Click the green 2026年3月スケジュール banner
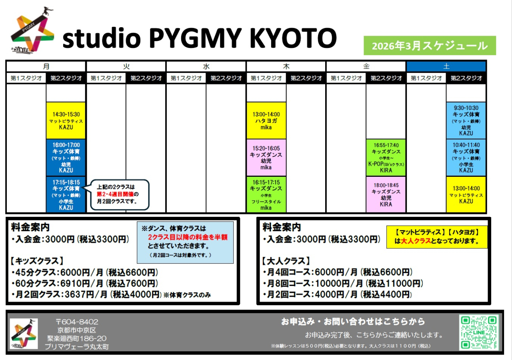(x=430, y=46)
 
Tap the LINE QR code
(x=479, y=332)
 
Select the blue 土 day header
(x=446, y=66)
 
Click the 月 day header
(x=46, y=66)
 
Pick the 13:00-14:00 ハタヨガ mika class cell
(x=266, y=120)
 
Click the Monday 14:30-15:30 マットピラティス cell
(x=66, y=120)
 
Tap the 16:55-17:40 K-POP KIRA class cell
(x=386, y=158)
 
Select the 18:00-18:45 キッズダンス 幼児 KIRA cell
(x=386, y=194)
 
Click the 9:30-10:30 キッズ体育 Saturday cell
(x=466, y=120)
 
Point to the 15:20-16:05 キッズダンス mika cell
(x=266, y=158)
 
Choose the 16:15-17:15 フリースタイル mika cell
(x=266, y=194)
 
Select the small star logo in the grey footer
(x=24, y=334)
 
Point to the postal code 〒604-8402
(x=77, y=322)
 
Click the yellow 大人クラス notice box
(x=437, y=237)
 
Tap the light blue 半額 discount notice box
(x=185, y=242)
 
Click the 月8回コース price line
(x=343, y=284)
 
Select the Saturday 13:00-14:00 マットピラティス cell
(x=466, y=194)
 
